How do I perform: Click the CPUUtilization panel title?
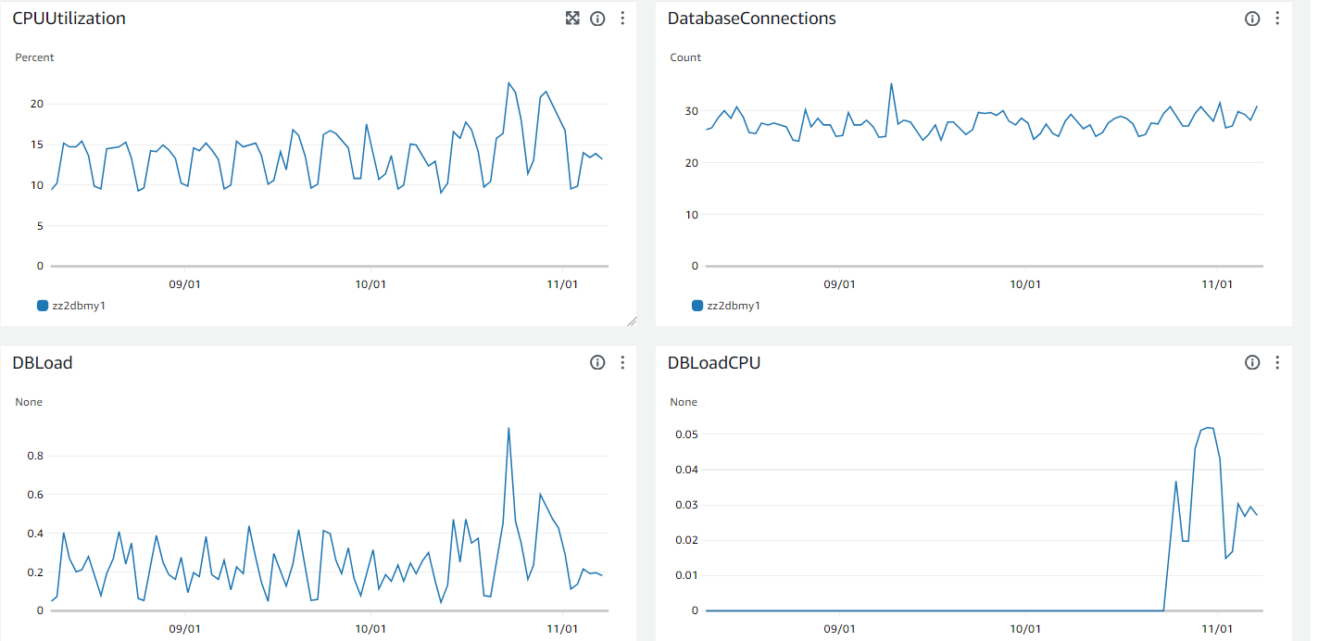click(x=69, y=19)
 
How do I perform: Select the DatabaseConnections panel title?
click(x=751, y=19)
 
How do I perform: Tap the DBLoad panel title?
click(x=43, y=363)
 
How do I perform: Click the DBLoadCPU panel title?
click(x=714, y=363)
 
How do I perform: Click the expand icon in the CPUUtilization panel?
click(x=572, y=19)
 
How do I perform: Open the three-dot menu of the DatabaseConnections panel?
click(x=1277, y=19)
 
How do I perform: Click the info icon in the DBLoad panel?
click(x=597, y=363)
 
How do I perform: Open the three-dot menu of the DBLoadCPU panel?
click(x=1277, y=363)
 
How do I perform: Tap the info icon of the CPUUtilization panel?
click(x=597, y=19)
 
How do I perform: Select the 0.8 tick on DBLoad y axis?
click(x=34, y=456)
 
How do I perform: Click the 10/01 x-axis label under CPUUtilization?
click(x=370, y=284)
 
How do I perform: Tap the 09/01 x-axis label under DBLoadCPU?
click(x=838, y=629)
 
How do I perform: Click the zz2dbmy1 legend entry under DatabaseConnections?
click(x=733, y=306)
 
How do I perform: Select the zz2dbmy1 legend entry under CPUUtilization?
click(x=78, y=306)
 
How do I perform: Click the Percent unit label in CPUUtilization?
click(x=34, y=57)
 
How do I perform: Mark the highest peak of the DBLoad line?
click(x=508, y=428)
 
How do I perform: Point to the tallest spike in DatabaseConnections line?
click(x=891, y=83)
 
